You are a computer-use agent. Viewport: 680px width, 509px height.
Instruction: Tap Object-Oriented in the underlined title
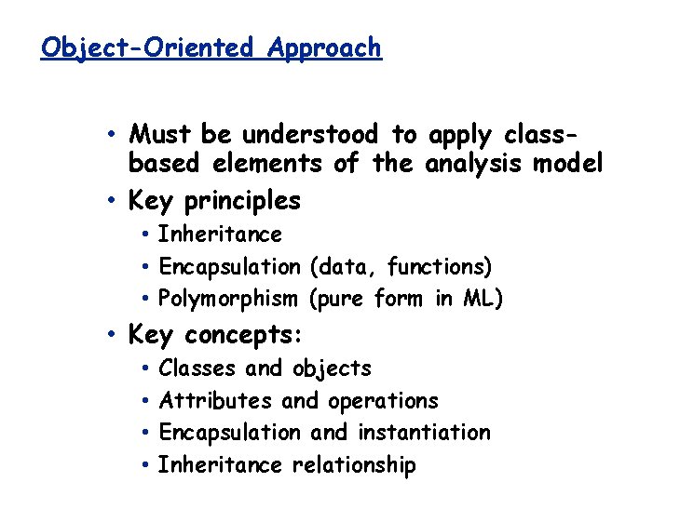click(146, 47)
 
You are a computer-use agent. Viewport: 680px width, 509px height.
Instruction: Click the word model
click(567, 165)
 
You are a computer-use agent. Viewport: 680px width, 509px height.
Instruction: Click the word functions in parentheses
click(439, 267)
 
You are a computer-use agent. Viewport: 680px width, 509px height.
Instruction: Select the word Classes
click(197, 368)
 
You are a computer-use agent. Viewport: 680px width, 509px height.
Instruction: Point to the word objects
click(332, 369)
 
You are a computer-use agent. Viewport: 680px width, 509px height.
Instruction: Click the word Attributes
click(216, 401)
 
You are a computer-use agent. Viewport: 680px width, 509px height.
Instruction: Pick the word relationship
click(354, 465)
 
